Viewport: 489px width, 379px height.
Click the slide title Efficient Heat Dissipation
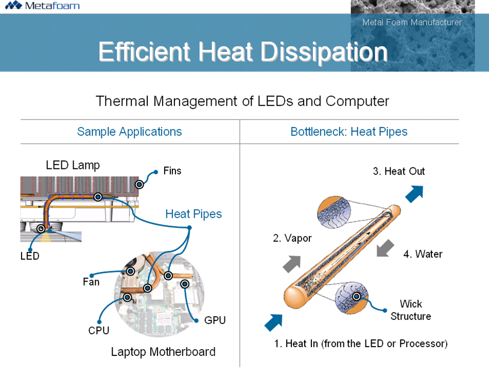(242, 51)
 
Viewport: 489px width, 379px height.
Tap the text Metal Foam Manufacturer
(412, 22)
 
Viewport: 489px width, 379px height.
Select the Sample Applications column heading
(129, 132)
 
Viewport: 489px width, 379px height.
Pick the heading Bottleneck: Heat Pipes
(349, 132)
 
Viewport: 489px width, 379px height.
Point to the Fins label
(172, 170)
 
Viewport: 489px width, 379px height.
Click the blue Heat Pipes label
(194, 214)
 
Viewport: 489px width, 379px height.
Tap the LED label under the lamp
(30, 256)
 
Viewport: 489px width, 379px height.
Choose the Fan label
(91, 282)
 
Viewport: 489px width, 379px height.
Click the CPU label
(99, 331)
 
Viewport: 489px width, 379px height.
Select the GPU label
(215, 320)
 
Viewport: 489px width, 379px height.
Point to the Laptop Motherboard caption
(163, 352)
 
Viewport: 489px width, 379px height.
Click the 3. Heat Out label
(399, 171)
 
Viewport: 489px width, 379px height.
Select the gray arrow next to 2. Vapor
(291, 263)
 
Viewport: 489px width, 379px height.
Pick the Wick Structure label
(410, 310)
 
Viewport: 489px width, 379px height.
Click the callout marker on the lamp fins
(139, 184)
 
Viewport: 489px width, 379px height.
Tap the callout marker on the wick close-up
(356, 296)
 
